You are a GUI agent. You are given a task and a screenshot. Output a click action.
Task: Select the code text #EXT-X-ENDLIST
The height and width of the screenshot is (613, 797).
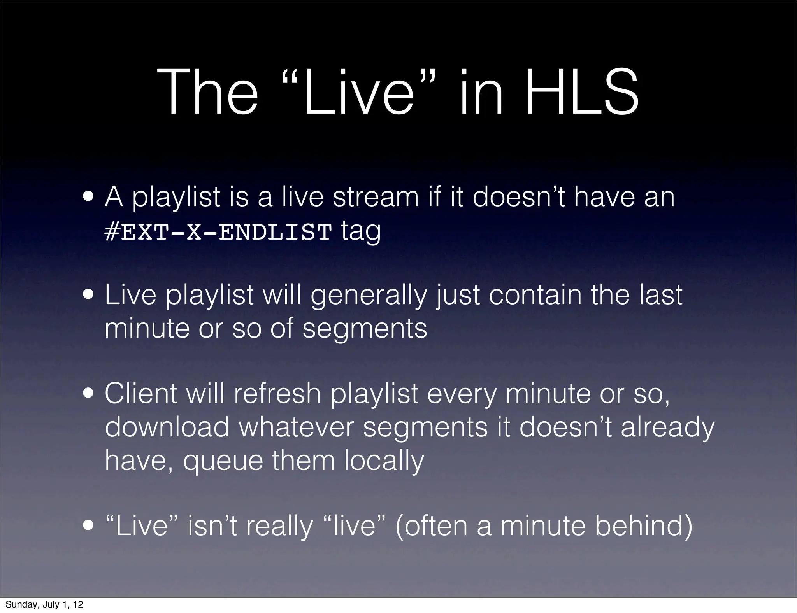(218, 233)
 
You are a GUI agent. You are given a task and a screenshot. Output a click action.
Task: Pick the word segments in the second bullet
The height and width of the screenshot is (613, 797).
(365, 329)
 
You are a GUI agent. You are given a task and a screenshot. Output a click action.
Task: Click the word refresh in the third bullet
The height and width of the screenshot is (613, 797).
(277, 394)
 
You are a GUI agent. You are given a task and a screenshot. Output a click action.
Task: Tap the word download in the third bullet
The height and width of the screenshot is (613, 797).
(167, 427)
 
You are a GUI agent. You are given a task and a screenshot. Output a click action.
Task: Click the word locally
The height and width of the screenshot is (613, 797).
(384, 461)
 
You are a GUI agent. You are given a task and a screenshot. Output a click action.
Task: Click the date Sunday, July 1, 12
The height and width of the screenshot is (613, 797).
(44, 604)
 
